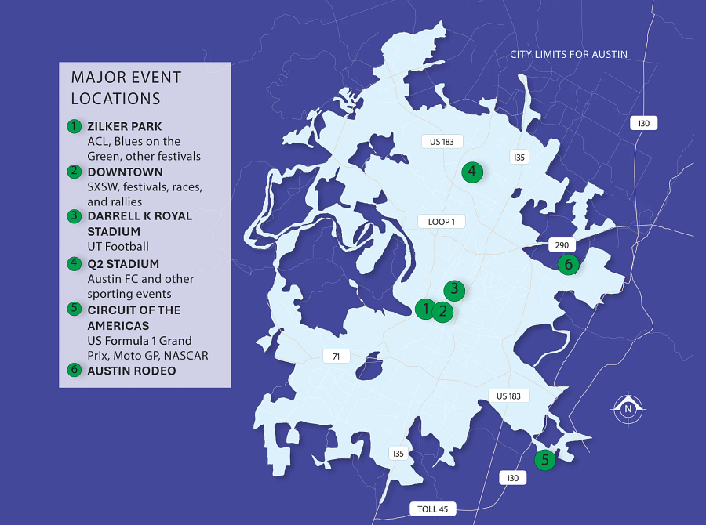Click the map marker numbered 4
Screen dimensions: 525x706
coord(471,172)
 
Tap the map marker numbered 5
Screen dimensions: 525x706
coord(545,460)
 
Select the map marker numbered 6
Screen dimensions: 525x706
coord(569,264)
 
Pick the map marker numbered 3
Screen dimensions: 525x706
coord(454,290)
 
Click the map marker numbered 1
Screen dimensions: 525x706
coord(425,309)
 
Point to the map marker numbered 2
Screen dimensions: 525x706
coord(443,312)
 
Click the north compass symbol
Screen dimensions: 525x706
coord(628,408)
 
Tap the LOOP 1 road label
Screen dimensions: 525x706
coord(441,222)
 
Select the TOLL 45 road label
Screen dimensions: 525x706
coord(432,509)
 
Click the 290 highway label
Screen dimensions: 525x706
coord(562,244)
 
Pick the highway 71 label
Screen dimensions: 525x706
coord(336,357)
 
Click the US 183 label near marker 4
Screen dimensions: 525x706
coord(442,142)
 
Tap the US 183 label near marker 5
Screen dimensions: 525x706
coord(509,396)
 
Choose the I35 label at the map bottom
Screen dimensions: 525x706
coord(398,453)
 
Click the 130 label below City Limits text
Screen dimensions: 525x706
coord(642,123)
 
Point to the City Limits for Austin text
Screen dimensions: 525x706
coord(569,54)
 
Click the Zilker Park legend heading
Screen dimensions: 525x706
coord(125,126)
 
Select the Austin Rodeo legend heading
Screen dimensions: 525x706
coord(131,371)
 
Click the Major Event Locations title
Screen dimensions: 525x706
coord(126,88)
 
